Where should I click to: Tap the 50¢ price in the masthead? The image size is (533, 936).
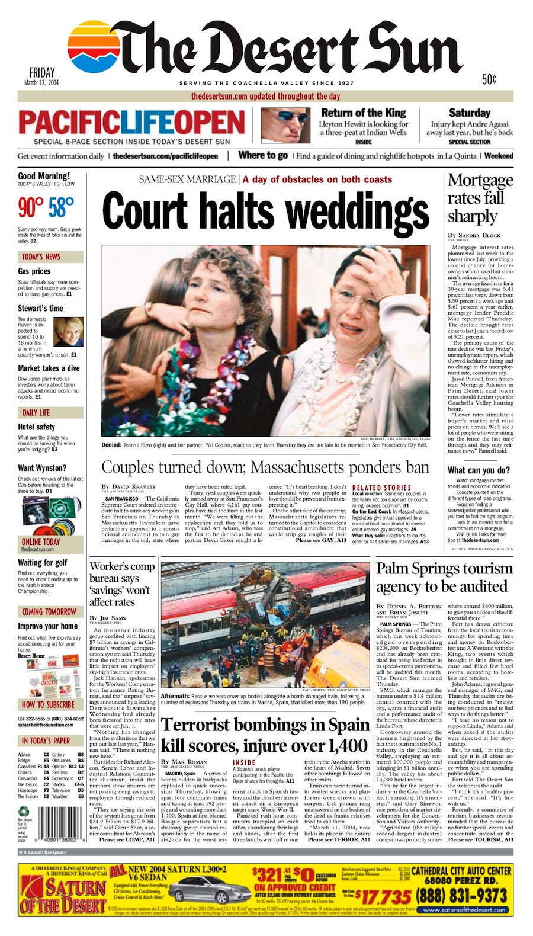pos(489,79)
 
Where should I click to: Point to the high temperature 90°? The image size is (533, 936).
pos(31,208)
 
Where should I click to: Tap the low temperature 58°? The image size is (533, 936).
pos(62,208)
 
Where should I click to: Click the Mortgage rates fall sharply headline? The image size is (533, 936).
pos(480,198)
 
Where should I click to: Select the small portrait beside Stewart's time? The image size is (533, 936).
pos(69,333)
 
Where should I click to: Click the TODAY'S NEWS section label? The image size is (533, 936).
pos(41,257)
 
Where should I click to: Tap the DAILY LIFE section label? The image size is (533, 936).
pos(36,413)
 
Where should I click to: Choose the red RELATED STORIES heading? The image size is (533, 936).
pos(381,488)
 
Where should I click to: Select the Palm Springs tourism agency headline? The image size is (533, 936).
pos(444,577)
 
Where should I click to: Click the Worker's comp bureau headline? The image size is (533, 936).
pos(122,584)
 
